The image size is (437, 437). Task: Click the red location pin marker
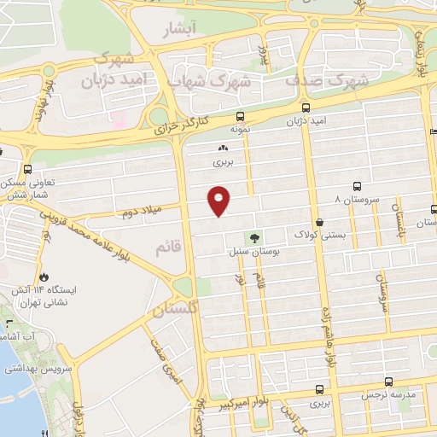pyautogui.click(x=220, y=200)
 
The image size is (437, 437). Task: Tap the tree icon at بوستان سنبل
pyautogui.click(x=253, y=238)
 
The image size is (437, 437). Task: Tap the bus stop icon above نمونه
pyautogui.click(x=241, y=116)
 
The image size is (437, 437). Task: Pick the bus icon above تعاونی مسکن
pyautogui.click(x=29, y=169)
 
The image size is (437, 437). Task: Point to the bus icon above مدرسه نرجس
pyautogui.click(x=389, y=382)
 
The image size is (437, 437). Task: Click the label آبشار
pyautogui.click(x=179, y=30)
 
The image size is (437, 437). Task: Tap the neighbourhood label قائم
pyautogui.click(x=167, y=248)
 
